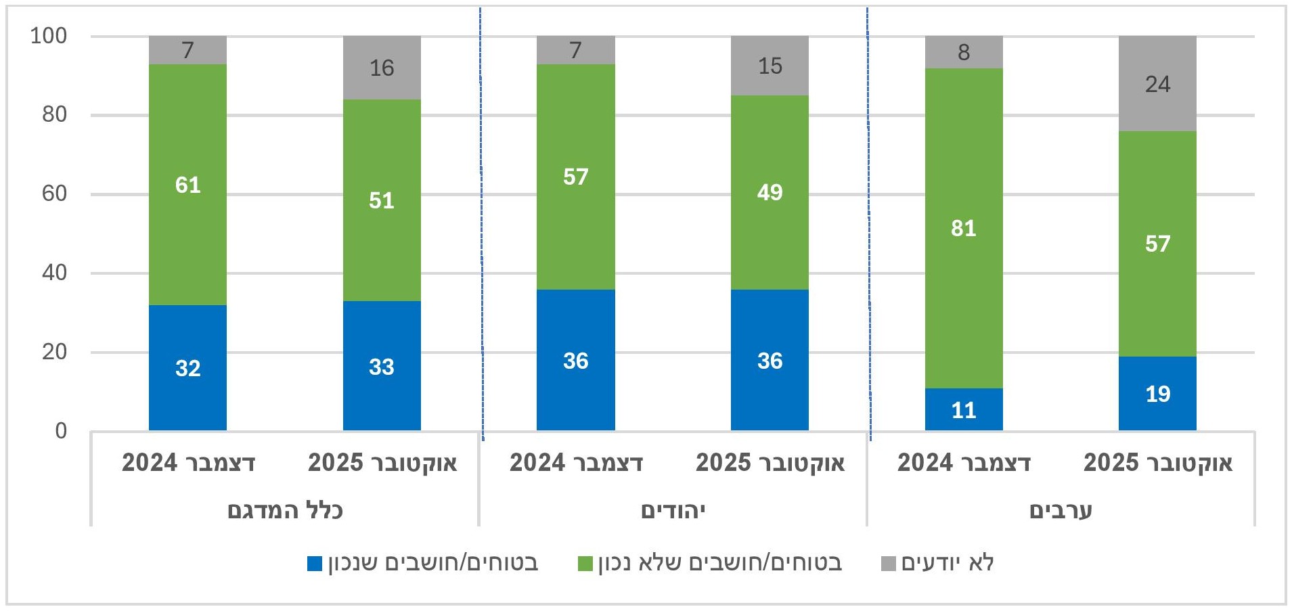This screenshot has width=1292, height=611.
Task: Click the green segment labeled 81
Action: click(963, 228)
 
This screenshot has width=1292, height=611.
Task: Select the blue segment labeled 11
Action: click(963, 409)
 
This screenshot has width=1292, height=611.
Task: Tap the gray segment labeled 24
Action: click(1157, 84)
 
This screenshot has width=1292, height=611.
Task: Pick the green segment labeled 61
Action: click(187, 185)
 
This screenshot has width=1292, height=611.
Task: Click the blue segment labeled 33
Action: click(382, 366)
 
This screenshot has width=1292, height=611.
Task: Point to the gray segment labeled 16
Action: click(382, 68)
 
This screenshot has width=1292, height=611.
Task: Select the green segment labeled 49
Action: click(770, 192)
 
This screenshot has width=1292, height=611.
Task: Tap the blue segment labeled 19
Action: click(1157, 393)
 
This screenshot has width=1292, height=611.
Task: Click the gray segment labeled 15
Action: click(770, 66)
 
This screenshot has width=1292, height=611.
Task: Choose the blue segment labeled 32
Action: click(187, 367)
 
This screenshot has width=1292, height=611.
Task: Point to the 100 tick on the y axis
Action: click(49, 36)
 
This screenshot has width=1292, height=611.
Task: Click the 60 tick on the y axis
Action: click(54, 194)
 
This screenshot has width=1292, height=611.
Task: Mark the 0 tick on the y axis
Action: click(61, 431)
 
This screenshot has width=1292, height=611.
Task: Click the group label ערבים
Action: click(1061, 510)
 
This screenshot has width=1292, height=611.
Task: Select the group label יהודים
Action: click(673, 510)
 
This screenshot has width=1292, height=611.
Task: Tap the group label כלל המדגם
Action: click(285, 510)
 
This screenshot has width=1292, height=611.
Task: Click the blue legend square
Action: click(315, 564)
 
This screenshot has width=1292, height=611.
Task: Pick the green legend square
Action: click(585, 564)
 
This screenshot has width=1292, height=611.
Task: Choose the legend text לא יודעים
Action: click(947, 563)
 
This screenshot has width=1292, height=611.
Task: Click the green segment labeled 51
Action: click(382, 200)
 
